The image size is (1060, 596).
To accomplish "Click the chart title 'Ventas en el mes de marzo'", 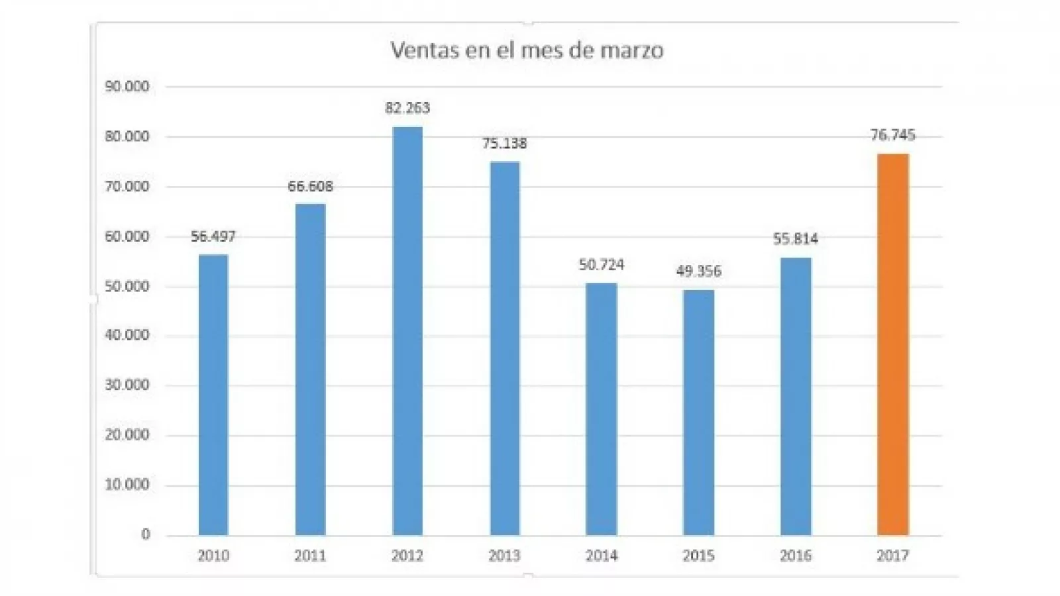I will pos(527,50).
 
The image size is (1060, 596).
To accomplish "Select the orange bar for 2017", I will pos(892,344).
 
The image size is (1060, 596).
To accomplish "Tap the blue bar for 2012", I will pos(407,331).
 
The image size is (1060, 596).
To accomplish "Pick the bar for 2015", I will pos(698,412).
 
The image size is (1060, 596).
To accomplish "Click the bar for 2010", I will pos(213,395).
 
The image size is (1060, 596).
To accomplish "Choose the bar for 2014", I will pos(602,409).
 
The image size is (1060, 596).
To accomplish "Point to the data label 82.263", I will pos(407,108).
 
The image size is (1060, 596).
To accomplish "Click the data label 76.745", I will pos(892,135).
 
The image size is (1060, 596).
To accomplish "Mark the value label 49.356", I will pos(698,272).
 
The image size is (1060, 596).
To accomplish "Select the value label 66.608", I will pos(310,187).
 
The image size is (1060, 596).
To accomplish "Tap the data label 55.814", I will pos(796,239).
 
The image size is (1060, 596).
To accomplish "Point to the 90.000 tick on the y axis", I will pos(127,87).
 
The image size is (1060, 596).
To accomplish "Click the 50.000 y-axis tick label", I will pos(127,287).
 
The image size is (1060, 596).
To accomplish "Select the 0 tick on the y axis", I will pos(146,534).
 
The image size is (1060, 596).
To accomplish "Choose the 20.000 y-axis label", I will pos(127,435).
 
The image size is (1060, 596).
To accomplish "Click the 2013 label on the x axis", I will pos(504,556).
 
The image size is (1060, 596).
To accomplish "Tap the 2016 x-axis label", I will pos(796,556).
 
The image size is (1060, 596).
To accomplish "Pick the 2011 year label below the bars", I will pos(310,556).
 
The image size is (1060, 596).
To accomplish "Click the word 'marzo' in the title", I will pos(631,51).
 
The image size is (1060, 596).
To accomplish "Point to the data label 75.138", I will pos(504,144).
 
